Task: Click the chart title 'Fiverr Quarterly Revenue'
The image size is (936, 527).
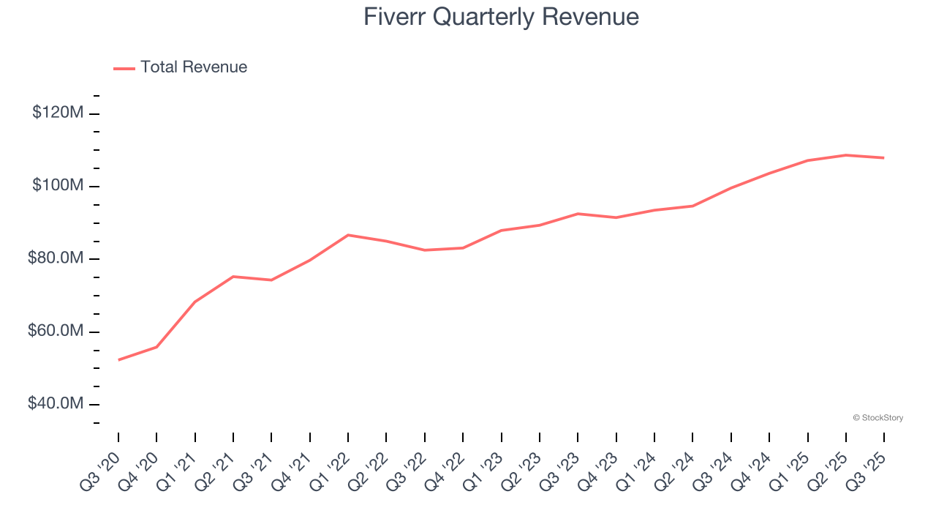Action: click(x=501, y=17)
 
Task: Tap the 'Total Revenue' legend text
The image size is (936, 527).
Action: click(x=194, y=67)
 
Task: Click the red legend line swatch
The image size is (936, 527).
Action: click(x=124, y=68)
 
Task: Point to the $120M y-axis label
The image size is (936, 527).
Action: click(x=58, y=113)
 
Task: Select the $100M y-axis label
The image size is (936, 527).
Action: click(x=58, y=186)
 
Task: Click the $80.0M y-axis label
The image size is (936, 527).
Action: click(x=56, y=258)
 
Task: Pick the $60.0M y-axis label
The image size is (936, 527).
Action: click(x=56, y=332)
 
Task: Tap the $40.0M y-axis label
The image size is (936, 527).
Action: click(x=56, y=404)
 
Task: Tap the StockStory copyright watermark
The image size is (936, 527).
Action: click(x=877, y=418)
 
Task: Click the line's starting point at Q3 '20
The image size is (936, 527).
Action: click(x=118, y=359)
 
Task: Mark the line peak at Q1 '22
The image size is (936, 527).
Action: click(x=348, y=235)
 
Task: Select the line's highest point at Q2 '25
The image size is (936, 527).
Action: click(x=846, y=155)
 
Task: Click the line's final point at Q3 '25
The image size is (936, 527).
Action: click(x=884, y=157)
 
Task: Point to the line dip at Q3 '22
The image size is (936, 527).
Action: click(x=425, y=250)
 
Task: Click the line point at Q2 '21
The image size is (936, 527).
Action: click(x=233, y=277)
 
